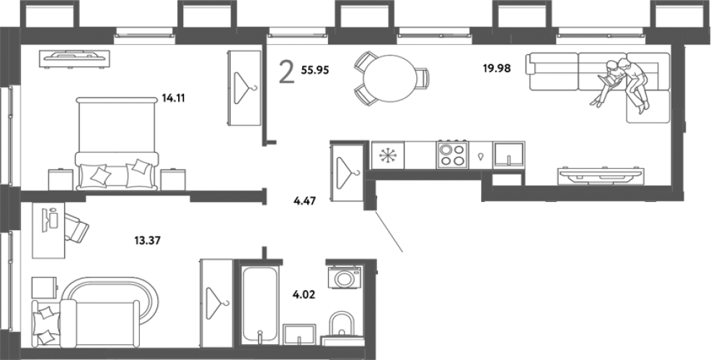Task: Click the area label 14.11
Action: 174,98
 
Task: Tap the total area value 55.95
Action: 314,70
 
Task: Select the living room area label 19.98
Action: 497,69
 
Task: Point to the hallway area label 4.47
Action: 305,201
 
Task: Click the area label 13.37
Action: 147,240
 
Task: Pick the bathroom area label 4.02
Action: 304,295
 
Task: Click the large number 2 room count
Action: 286,74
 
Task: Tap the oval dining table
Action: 389,78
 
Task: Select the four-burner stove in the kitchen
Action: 453,155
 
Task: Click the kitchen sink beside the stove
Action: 509,155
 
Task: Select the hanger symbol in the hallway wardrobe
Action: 348,172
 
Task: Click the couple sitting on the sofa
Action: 620,84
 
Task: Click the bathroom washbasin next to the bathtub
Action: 299,335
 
